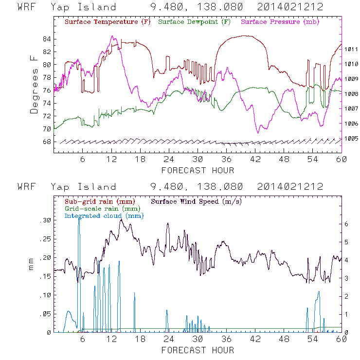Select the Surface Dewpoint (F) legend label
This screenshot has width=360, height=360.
[x=195, y=22]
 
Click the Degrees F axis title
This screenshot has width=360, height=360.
[x=34, y=85]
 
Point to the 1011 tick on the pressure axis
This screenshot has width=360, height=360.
[x=351, y=49]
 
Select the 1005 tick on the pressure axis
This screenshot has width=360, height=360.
[x=351, y=139]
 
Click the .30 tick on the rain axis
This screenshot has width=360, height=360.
[x=44, y=220]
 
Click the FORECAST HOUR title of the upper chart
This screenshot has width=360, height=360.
[x=198, y=170]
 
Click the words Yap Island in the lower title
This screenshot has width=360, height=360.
[x=83, y=187]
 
